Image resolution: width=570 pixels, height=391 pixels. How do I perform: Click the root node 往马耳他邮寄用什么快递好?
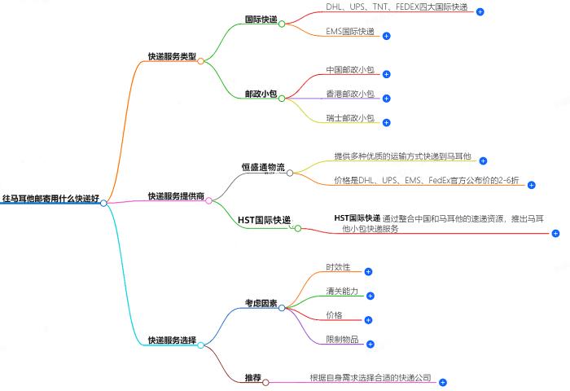pyautogui.click(x=50, y=198)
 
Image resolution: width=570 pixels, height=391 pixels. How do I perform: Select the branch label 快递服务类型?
pyautogui.click(x=171, y=56)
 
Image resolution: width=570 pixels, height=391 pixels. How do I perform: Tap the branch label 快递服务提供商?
pyautogui.click(x=176, y=196)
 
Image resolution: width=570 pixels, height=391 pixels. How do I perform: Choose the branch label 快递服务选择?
pyautogui.click(x=171, y=340)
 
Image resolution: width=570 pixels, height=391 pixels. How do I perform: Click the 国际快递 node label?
pyautogui.click(x=260, y=18)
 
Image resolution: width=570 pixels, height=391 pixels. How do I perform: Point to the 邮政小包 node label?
pyautogui.click(x=260, y=94)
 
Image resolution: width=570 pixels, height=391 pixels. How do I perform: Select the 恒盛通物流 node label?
pyautogui.click(x=263, y=168)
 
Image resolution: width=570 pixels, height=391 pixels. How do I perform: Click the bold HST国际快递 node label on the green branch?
pyautogui.click(x=265, y=221)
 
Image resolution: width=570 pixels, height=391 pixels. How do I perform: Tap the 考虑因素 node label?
pyautogui.click(x=261, y=303)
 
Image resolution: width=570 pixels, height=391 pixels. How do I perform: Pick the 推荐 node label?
pyautogui.click(x=252, y=378)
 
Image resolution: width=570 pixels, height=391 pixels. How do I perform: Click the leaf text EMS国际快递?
pyautogui.click(x=350, y=32)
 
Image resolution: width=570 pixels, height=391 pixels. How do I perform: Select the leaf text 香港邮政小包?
pyautogui.click(x=350, y=94)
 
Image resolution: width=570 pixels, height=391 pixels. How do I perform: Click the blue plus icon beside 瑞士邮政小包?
pyautogui.click(x=386, y=123)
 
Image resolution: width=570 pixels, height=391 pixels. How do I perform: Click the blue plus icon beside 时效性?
pyautogui.click(x=368, y=271)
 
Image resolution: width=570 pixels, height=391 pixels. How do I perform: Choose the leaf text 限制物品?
pyautogui.click(x=342, y=339)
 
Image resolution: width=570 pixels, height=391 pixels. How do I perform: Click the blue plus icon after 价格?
pyautogui.click(x=368, y=319)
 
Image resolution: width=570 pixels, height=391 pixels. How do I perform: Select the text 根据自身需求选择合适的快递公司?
pyautogui.click(x=370, y=378)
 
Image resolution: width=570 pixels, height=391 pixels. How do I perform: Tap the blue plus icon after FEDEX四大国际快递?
pyautogui.click(x=480, y=12)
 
